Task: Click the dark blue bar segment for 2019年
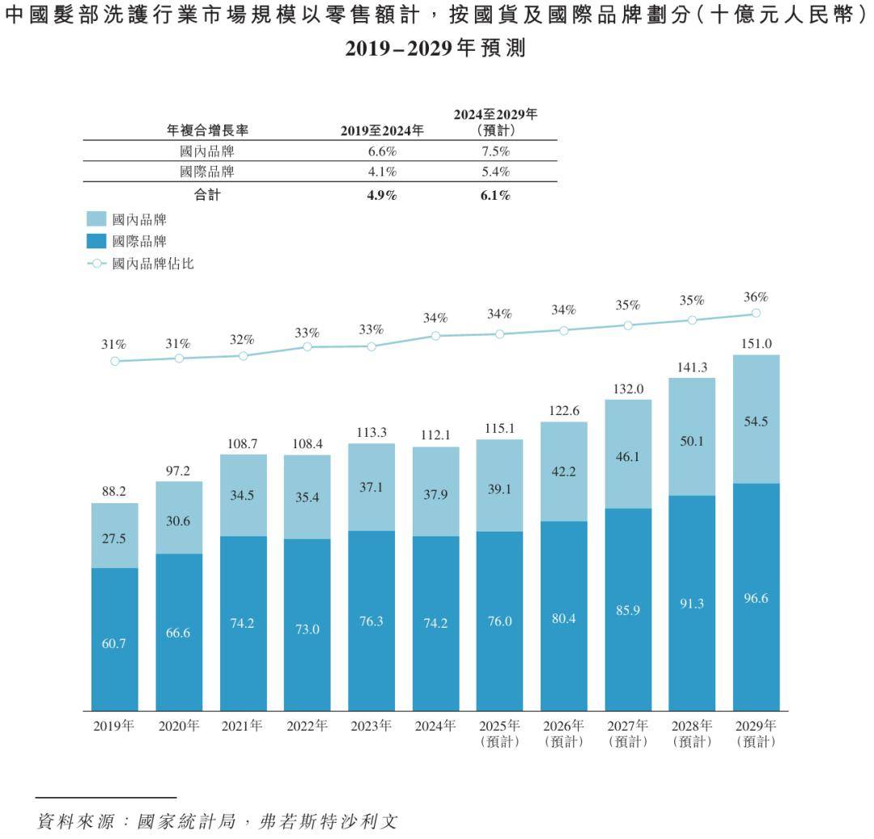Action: pyautogui.click(x=114, y=639)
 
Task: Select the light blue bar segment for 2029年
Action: pyautogui.click(x=756, y=419)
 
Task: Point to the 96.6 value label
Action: pyautogui.click(x=756, y=599)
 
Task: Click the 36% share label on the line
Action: pyautogui.click(x=756, y=297)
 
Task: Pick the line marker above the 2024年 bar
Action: pyautogui.click(x=435, y=335)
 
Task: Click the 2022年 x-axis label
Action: pyautogui.click(x=307, y=726)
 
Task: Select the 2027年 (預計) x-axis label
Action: pyautogui.click(x=628, y=733)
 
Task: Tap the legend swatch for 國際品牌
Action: pyautogui.click(x=96, y=240)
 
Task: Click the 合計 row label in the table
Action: pyautogui.click(x=207, y=194)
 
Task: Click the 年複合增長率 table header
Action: pyautogui.click(x=207, y=129)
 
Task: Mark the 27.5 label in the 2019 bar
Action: pyautogui.click(x=114, y=538)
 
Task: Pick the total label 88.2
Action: pyautogui.click(x=114, y=491)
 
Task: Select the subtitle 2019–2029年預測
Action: pyautogui.click(x=436, y=49)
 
